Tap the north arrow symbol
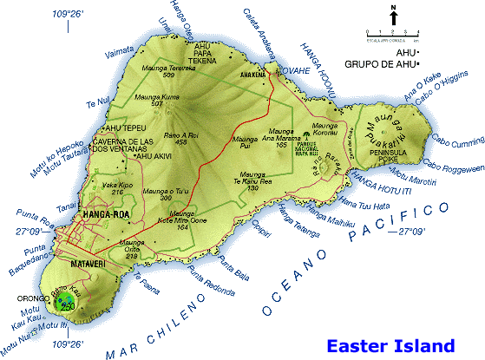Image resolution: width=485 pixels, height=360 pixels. pos(393,16)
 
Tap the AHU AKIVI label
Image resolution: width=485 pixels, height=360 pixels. pos(131,156)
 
